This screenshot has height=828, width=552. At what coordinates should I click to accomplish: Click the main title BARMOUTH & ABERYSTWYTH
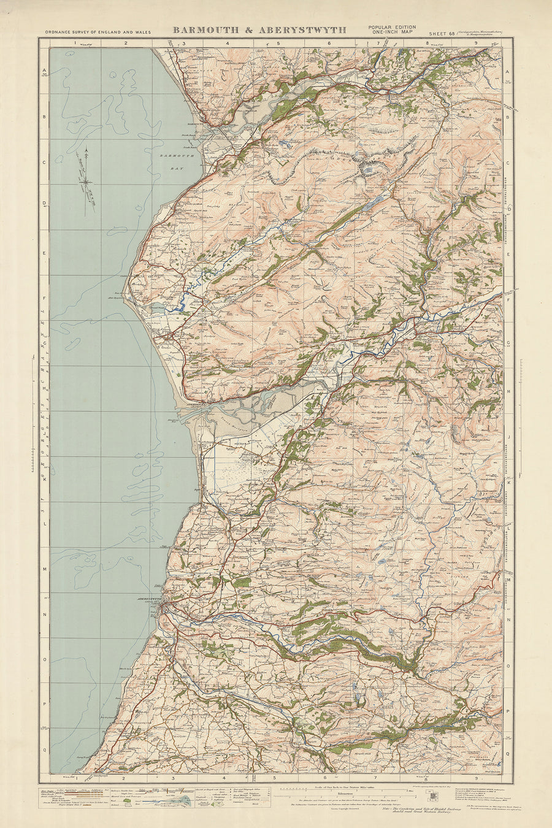pyautogui.click(x=259, y=29)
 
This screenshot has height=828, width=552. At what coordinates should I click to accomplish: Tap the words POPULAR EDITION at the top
pyautogui.click(x=392, y=28)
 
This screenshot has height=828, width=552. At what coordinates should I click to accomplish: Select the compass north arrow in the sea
pyautogui.click(x=86, y=166)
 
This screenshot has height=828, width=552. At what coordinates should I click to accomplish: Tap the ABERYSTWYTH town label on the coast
pyautogui.click(x=149, y=597)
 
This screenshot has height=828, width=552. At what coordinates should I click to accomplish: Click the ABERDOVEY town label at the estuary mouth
pyautogui.click(x=194, y=405)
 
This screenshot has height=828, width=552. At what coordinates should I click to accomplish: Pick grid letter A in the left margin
pyautogui.click(x=45, y=72)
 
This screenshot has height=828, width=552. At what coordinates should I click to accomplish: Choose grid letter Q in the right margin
pyautogui.click(x=508, y=749)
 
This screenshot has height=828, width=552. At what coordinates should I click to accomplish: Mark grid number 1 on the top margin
pyautogui.click(x=75, y=44)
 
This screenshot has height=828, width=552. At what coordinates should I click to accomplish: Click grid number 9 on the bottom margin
pyautogui.click(x=485, y=778)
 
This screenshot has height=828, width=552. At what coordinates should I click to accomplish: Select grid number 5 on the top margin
pyautogui.click(x=277, y=44)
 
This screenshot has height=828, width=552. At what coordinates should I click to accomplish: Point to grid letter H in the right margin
pyautogui.click(x=508, y=391)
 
